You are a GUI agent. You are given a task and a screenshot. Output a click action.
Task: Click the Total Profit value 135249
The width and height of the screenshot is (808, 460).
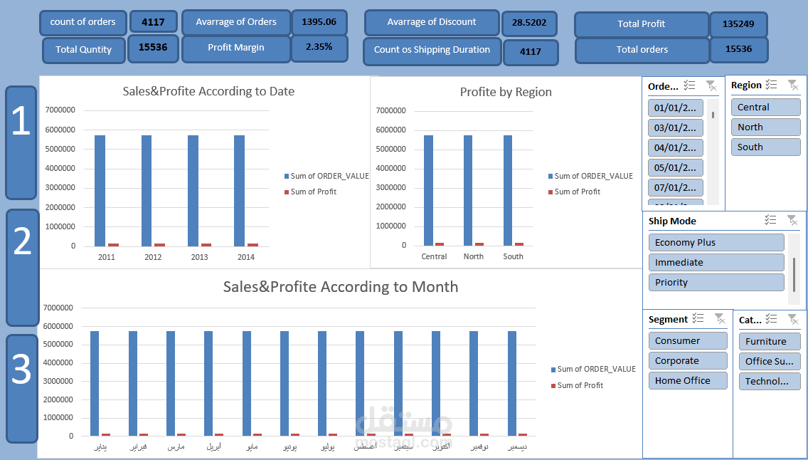click(x=738, y=24)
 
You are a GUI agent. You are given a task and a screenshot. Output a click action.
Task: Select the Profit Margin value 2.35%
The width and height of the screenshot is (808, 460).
click(x=318, y=48)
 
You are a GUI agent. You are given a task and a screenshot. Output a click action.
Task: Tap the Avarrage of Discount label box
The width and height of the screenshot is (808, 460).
click(x=432, y=23)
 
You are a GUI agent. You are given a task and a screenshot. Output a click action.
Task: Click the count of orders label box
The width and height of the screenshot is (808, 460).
click(x=83, y=22)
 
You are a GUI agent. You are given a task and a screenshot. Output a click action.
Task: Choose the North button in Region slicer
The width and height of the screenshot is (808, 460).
click(x=765, y=127)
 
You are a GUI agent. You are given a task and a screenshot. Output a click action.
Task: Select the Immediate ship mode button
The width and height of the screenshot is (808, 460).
click(x=716, y=263)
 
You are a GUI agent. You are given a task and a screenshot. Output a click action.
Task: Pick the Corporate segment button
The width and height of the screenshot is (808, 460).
click(x=687, y=361)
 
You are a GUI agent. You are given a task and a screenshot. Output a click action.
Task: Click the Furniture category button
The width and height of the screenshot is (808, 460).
click(x=770, y=341)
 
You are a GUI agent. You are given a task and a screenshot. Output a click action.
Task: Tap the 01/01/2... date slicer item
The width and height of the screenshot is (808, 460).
click(x=676, y=108)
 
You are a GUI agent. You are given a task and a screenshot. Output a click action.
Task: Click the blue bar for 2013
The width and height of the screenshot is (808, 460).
click(x=193, y=190)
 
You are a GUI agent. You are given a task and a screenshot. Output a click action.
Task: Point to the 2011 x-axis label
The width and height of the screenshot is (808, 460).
click(x=106, y=257)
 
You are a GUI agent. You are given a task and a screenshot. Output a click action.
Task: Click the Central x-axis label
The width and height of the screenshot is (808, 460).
click(x=434, y=256)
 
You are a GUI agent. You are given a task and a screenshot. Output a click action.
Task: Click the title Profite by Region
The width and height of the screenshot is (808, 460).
click(x=506, y=92)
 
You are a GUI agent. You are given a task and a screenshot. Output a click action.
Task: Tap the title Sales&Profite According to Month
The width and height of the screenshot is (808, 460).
click(x=340, y=287)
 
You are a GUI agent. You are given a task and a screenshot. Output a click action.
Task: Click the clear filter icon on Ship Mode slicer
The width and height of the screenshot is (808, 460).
click(x=792, y=221)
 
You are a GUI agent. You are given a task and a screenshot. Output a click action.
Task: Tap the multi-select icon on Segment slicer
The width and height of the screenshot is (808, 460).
click(x=698, y=319)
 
